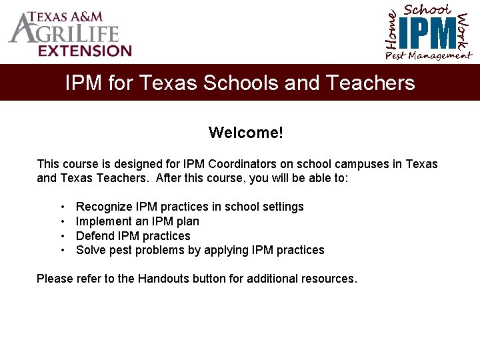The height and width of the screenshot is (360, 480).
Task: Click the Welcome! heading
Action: (x=245, y=133)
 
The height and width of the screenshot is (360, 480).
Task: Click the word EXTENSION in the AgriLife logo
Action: (x=85, y=51)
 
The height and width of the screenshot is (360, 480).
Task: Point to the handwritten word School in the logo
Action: (x=427, y=9)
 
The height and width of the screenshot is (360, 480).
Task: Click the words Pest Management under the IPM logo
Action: (x=428, y=56)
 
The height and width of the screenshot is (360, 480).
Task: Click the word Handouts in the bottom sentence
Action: (x=163, y=279)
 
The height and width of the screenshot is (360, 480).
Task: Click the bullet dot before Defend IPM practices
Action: (x=61, y=236)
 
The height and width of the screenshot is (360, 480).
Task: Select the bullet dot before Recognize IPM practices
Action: (x=61, y=207)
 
